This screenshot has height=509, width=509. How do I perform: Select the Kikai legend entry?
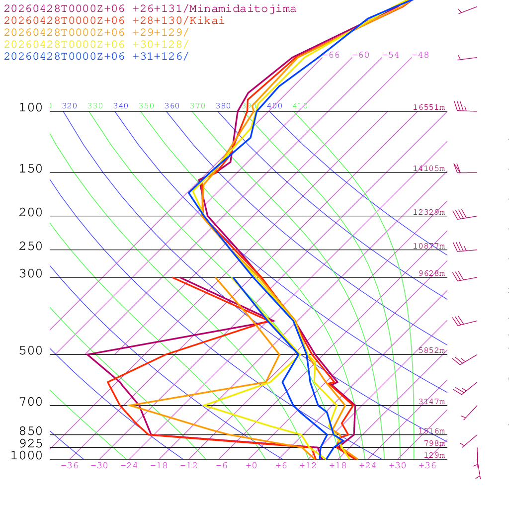click(x=114, y=21)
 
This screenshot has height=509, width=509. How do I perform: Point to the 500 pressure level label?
click(x=31, y=351)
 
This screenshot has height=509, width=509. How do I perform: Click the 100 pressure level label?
click(x=31, y=108)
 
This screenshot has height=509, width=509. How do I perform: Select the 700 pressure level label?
click(x=31, y=402)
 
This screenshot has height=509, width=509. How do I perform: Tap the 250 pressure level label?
click(x=31, y=247)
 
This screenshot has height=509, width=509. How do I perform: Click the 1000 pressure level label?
click(x=26, y=456)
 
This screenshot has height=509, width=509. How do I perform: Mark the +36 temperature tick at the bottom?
click(x=427, y=466)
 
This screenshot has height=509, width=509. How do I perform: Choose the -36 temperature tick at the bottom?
click(x=69, y=466)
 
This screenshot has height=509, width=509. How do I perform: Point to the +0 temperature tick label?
click(x=252, y=466)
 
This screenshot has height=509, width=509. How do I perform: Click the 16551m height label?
click(x=428, y=107)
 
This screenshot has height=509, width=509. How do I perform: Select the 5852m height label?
click(x=431, y=350)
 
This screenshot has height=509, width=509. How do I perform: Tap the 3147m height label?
click(x=431, y=402)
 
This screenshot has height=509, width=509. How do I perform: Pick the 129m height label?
click(x=434, y=455)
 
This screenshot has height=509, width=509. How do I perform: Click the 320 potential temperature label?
click(x=70, y=106)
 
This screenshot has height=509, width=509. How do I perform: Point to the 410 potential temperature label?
click(x=300, y=106)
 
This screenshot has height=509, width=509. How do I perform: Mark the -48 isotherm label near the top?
click(x=420, y=55)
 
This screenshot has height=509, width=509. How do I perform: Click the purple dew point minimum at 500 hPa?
click(x=87, y=354)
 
